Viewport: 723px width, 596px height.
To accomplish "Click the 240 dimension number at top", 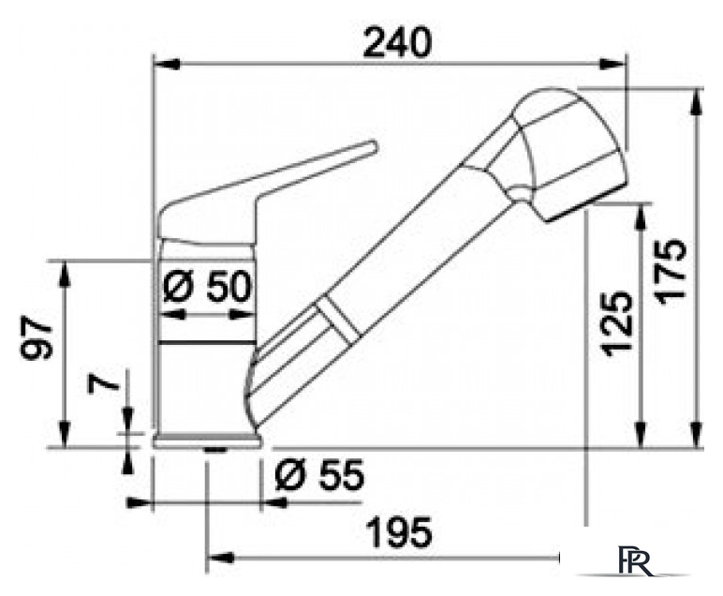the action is pyautogui.click(x=397, y=43).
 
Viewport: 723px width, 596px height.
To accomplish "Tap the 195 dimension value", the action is pyautogui.click(x=399, y=532).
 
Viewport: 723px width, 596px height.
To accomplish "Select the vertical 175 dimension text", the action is pyautogui.click(x=671, y=271).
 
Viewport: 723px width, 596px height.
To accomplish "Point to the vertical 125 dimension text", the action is pyautogui.click(x=615, y=324).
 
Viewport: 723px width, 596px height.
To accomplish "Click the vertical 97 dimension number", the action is pyautogui.click(x=37, y=337).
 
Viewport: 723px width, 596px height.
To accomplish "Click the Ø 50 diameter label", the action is pyautogui.click(x=208, y=287).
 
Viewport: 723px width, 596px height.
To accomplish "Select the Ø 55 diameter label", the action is pyautogui.click(x=319, y=474).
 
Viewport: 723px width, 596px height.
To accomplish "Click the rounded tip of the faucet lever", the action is pyautogui.click(x=373, y=147).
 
